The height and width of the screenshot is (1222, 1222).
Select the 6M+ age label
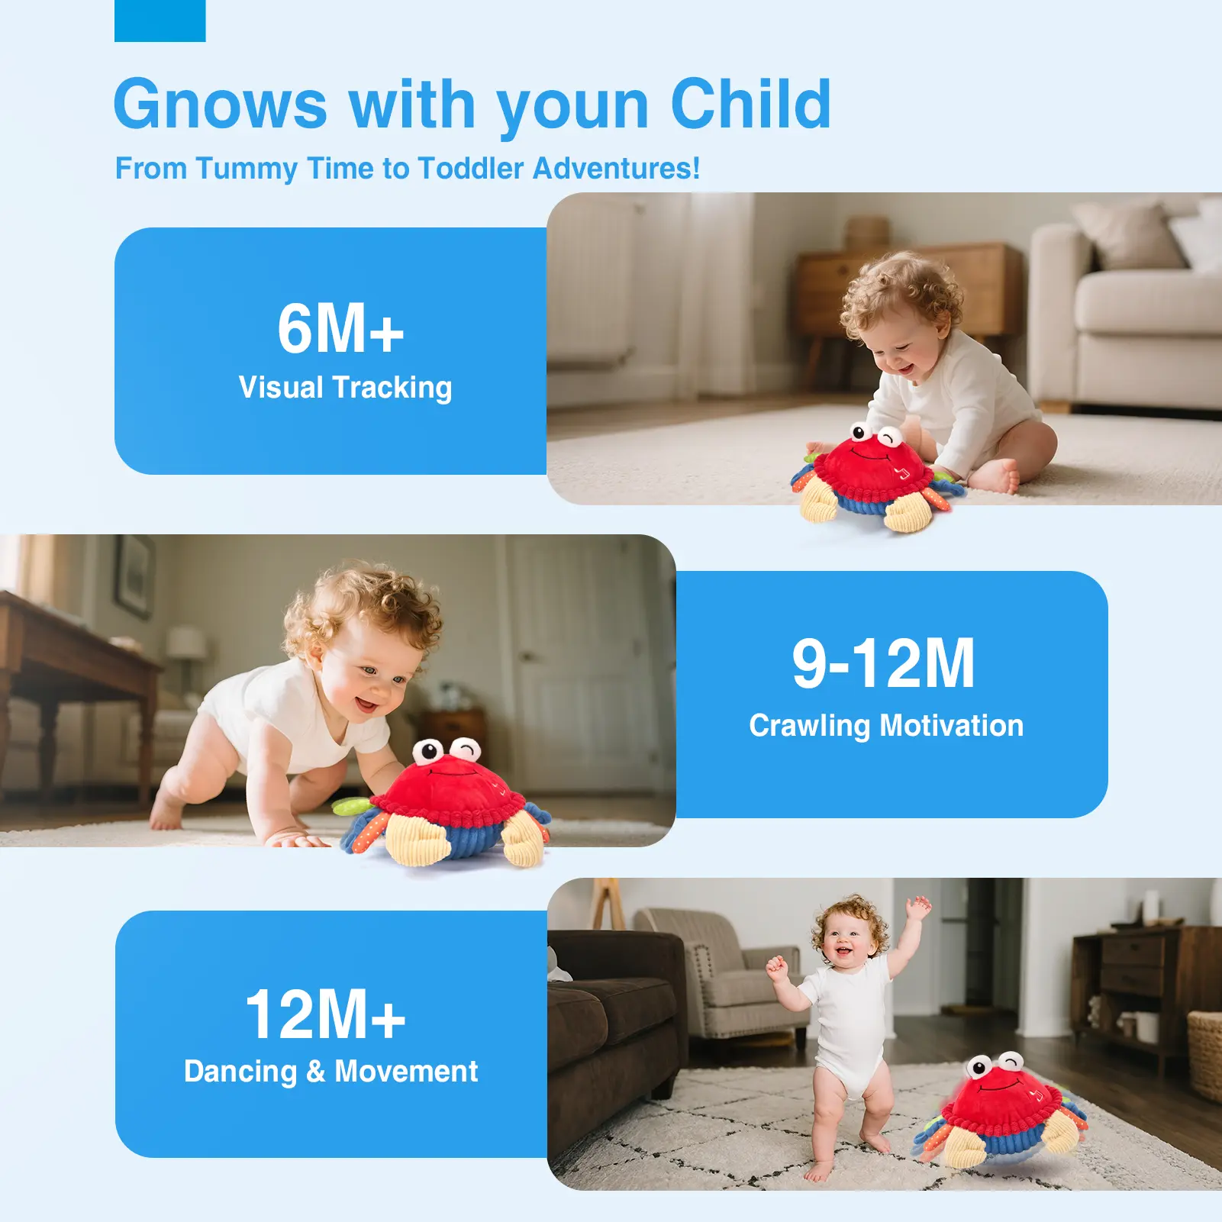[x=340, y=329]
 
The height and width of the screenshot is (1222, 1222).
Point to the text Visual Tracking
[x=345, y=388]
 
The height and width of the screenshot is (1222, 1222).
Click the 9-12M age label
[x=883, y=663]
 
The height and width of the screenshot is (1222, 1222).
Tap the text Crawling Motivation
[x=886, y=726]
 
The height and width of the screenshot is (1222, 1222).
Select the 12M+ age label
[x=325, y=1014]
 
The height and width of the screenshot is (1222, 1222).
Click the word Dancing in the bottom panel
[x=240, y=1072]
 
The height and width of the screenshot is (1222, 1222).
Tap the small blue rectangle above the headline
[x=160, y=21]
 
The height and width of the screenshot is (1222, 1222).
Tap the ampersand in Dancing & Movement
[x=316, y=1072]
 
